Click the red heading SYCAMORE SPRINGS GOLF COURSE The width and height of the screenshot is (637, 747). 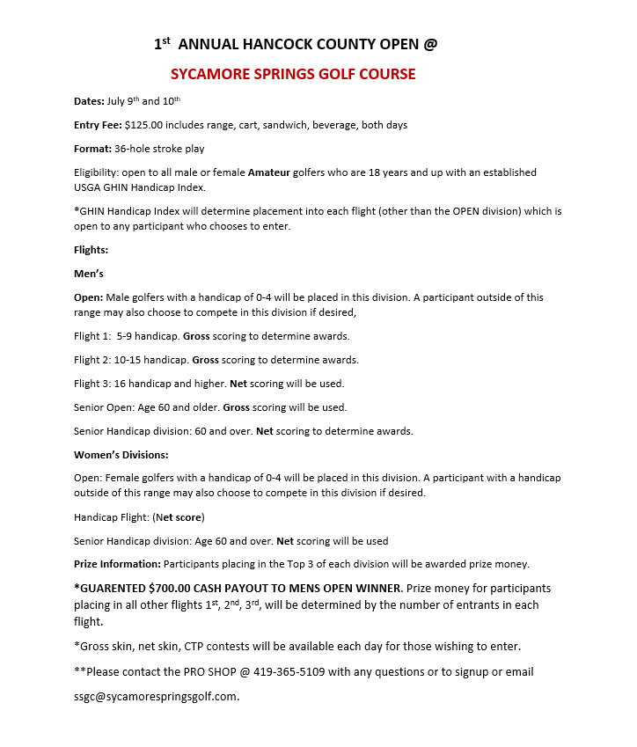(x=293, y=74)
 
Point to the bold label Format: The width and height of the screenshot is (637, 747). (x=92, y=150)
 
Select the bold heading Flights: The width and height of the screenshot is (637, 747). (x=92, y=250)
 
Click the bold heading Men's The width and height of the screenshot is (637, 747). (x=89, y=274)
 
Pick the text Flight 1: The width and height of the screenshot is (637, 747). (x=93, y=336)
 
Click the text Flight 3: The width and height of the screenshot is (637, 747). (x=93, y=384)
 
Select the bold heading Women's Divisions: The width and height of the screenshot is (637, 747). (x=121, y=455)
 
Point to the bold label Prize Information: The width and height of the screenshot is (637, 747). (x=118, y=564)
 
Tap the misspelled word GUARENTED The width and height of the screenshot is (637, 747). (x=112, y=588)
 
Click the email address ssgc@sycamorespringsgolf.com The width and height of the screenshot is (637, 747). (x=156, y=696)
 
